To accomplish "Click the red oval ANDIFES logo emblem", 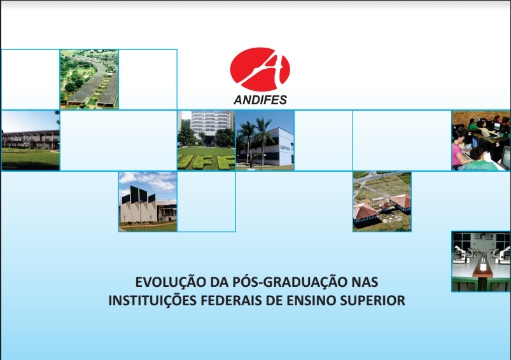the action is click(260, 69).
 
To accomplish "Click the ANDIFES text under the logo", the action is click(260, 100).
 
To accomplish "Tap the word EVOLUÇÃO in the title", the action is click(171, 282).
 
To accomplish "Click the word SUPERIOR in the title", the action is click(372, 301).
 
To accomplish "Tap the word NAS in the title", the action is click(365, 282).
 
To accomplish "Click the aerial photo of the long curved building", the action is click(89, 80).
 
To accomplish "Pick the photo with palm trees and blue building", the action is click(265, 141).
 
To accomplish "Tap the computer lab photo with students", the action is click(481, 141).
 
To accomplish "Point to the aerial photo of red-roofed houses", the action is click(382, 202).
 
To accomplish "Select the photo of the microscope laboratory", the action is click(481, 261).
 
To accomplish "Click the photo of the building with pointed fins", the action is click(148, 202).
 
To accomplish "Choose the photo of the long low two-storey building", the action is click(31, 141).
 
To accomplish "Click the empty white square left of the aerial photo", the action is click(31, 80).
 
